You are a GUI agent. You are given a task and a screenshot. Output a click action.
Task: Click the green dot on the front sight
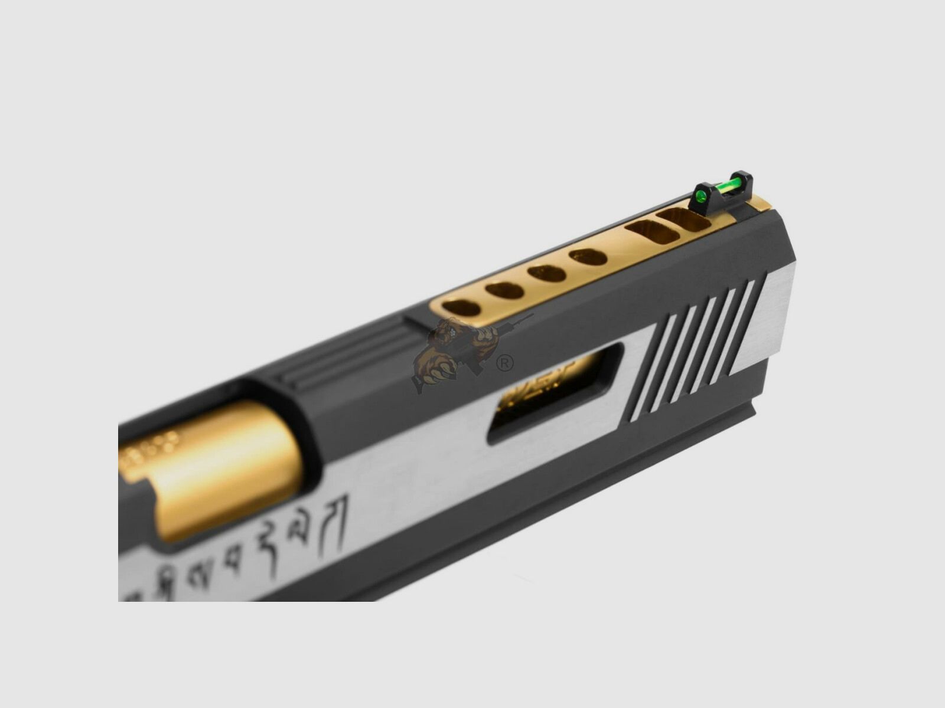tap(702, 197)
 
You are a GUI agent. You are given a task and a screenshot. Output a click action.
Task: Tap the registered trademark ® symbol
tap(504, 363)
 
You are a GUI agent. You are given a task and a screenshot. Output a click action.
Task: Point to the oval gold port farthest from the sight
tap(461, 307)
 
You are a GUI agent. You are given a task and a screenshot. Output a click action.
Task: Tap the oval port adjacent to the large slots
tap(588, 257)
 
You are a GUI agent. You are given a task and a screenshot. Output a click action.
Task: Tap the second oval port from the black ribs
tap(506, 290)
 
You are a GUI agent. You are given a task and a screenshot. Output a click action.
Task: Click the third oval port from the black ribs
tap(547, 273)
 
